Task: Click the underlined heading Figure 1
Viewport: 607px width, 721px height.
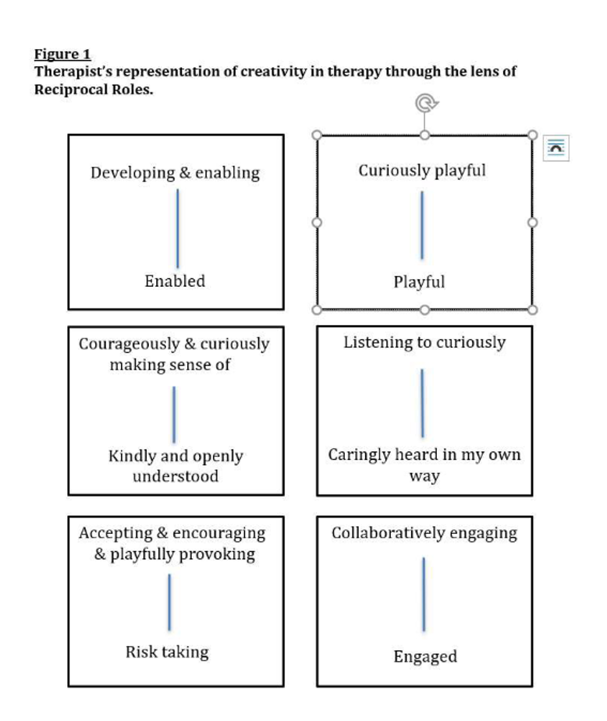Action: (62, 55)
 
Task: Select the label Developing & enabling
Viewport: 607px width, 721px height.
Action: (175, 173)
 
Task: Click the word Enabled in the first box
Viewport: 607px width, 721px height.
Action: (175, 281)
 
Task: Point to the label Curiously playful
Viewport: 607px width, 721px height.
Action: (422, 171)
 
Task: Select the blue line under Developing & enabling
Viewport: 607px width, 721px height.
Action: (177, 228)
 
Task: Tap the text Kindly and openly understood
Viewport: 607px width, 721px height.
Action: (176, 465)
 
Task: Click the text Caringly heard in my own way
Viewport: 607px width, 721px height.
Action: (424, 465)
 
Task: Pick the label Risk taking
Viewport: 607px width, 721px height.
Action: (167, 652)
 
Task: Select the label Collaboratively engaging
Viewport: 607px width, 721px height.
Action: (424, 533)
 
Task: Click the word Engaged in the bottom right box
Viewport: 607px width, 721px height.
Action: (424, 656)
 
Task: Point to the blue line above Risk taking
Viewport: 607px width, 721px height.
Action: (169, 602)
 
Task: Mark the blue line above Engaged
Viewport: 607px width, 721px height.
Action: (424, 594)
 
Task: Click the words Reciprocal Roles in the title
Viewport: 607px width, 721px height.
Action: (93, 89)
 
